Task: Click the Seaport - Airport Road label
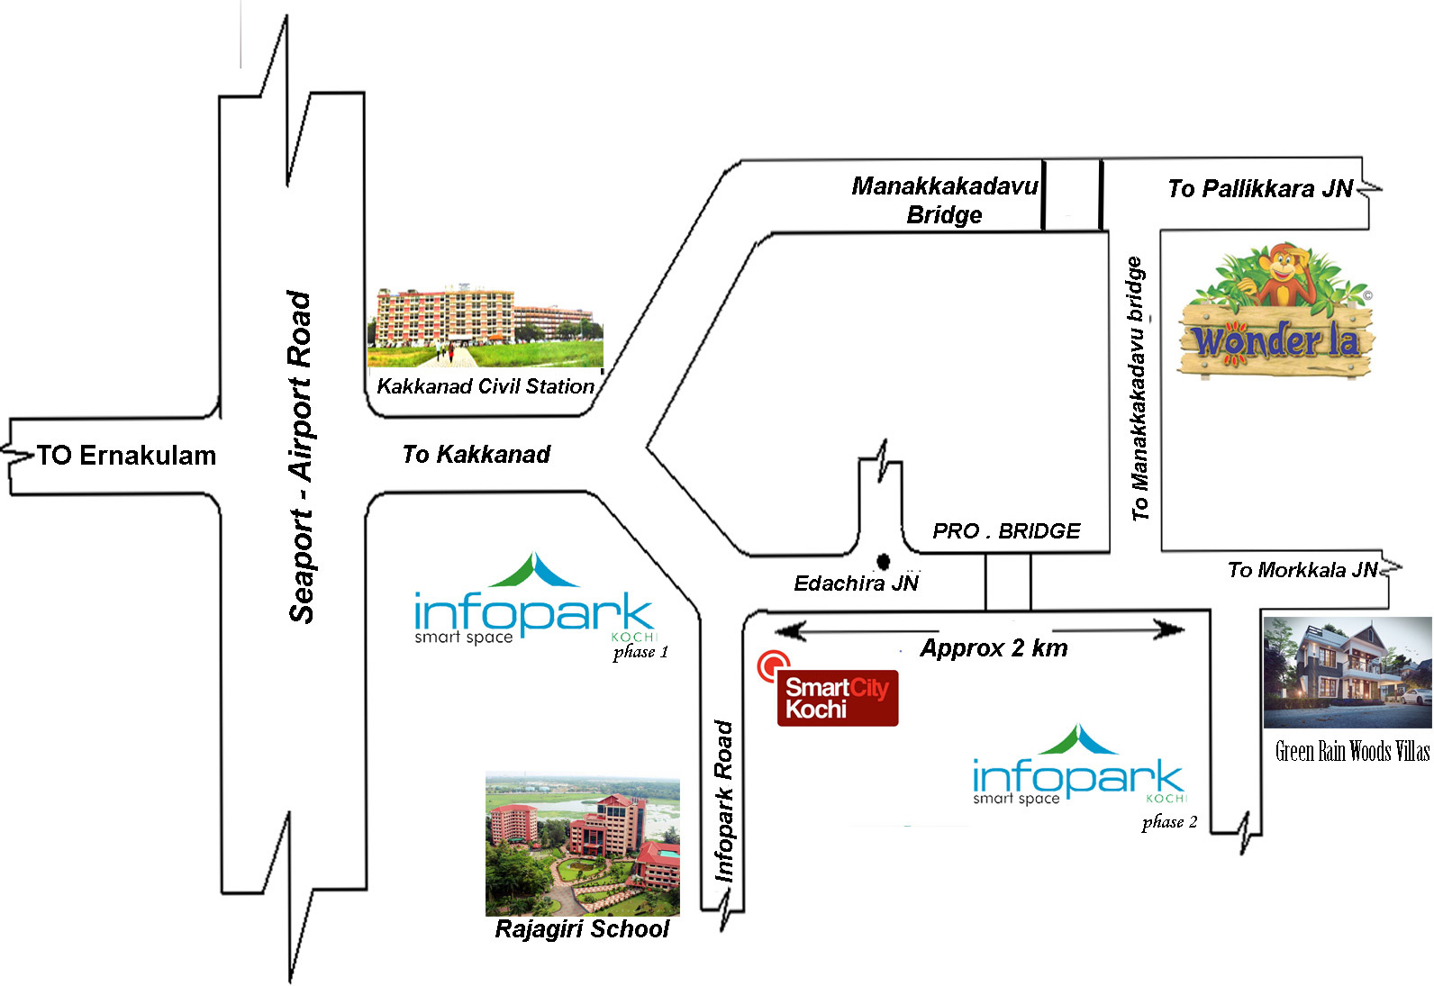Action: click(x=301, y=457)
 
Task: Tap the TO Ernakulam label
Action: click(x=126, y=456)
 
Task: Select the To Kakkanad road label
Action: click(x=476, y=454)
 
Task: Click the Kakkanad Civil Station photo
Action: click(x=486, y=328)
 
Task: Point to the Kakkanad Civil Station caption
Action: click(x=486, y=386)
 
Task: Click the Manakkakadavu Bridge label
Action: click(x=944, y=200)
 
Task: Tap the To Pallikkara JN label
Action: click(x=1260, y=188)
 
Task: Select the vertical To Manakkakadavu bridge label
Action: click(x=1139, y=389)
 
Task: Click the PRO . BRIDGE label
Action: click(x=1006, y=531)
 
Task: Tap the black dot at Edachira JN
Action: click(x=884, y=562)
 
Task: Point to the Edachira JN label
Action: click(x=856, y=583)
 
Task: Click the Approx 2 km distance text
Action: click(x=994, y=648)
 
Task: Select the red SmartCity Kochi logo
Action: click(x=836, y=697)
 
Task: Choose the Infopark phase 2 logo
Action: click(x=1078, y=770)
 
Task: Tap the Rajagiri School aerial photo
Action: click(x=582, y=844)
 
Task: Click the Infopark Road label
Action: click(x=724, y=801)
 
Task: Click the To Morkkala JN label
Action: click(x=1302, y=570)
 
